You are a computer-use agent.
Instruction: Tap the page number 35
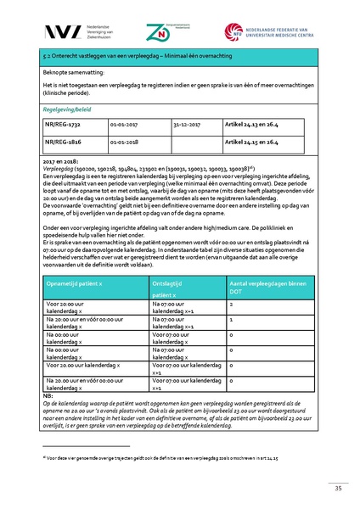337,488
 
